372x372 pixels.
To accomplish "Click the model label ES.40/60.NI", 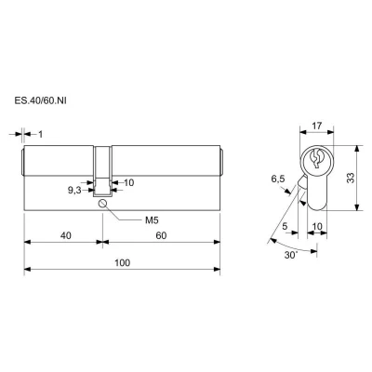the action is [x=40, y=101].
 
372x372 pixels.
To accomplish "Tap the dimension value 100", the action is [x=123, y=263].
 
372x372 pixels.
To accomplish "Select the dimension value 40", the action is [x=66, y=235].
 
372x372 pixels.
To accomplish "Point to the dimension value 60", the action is [x=161, y=235].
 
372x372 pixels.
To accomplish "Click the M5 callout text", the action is [x=152, y=220].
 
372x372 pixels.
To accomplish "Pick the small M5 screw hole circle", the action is [x=102, y=204].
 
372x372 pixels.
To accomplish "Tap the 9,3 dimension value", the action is [x=74, y=191].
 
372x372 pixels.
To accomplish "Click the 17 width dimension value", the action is [x=317, y=126].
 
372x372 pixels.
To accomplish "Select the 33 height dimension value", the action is [x=351, y=178].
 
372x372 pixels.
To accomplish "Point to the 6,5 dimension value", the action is [x=278, y=179].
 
